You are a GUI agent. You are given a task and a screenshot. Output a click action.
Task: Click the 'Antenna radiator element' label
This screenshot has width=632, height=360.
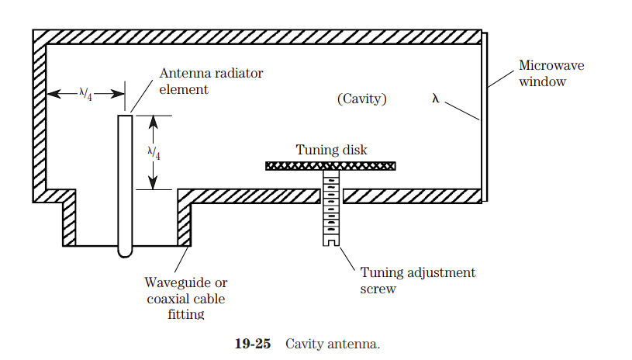(211, 81)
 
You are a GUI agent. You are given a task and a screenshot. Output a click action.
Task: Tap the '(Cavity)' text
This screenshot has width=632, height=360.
(362, 99)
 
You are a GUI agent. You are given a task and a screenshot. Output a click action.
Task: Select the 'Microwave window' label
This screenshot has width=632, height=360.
(551, 74)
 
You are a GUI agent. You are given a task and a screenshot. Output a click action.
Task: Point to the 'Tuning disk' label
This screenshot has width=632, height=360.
(331, 150)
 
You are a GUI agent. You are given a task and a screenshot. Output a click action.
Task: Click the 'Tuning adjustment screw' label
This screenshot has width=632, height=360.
(418, 280)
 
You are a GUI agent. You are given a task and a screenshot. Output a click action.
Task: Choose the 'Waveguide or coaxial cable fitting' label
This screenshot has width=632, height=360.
(186, 299)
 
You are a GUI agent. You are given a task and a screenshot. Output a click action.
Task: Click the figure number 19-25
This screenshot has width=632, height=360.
(253, 344)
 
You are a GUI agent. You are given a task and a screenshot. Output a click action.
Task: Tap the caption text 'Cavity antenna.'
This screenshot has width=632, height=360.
(333, 344)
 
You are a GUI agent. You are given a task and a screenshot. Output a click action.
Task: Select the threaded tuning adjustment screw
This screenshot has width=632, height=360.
(331, 206)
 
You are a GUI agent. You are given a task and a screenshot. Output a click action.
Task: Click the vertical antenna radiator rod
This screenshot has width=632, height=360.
(125, 178)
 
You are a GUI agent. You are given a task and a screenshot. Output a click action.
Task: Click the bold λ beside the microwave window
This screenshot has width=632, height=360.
(436, 99)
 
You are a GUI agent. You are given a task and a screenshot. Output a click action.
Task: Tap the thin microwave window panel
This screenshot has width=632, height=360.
(485, 116)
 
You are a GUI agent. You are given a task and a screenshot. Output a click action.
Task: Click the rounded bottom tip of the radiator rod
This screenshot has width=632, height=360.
(125, 252)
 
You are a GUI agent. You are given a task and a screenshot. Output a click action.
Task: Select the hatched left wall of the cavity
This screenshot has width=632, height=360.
(39, 116)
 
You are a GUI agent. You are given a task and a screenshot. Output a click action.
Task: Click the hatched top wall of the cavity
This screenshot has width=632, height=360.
(256, 36)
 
